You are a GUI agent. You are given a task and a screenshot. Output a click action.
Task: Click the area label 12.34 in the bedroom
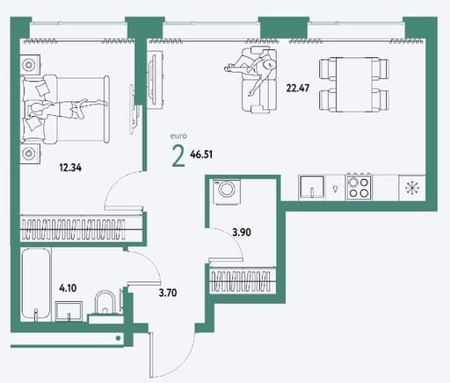tap(70, 168)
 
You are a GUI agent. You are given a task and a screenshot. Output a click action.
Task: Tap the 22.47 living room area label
tap(298, 88)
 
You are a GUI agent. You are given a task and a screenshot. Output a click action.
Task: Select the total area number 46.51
tap(201, 155)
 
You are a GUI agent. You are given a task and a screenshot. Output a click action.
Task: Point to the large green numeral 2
tap(178, 156)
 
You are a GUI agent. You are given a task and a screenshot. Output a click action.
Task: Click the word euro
tap(178, 136)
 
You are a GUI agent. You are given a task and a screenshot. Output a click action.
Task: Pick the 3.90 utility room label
tap(242, 233)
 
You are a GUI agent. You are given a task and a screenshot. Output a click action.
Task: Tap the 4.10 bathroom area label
tap(68, 288)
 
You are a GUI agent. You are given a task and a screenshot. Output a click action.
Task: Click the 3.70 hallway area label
tap(168, 293)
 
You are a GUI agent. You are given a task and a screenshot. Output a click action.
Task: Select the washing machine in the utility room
tap(227, 192)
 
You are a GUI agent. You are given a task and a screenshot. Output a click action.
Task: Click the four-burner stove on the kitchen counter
tap(359, 188)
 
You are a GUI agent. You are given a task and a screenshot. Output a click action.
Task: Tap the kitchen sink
tap(312, 188)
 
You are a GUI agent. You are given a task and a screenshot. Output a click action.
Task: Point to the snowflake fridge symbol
tap(412, 188)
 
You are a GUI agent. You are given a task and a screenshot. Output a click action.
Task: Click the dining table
tap(354, 84)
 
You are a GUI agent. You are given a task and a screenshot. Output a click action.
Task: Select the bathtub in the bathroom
tap(36, 285)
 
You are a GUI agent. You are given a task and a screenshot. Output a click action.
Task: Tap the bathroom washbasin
tap(69, 311)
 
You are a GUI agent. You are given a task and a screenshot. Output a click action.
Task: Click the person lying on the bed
tap(67, 109)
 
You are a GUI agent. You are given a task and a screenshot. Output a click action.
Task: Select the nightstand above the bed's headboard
tap(30, 65)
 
